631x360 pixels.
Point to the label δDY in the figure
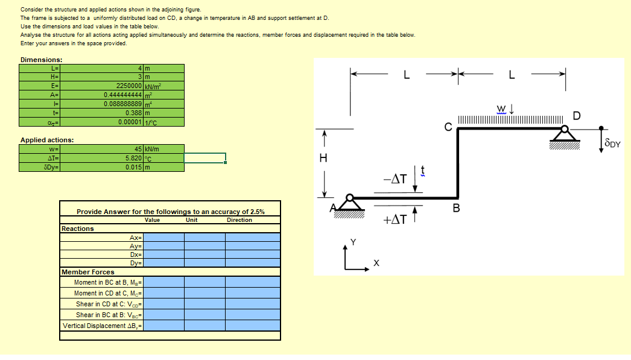(x=612, y=144)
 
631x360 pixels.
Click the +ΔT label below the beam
(x=395, y=220)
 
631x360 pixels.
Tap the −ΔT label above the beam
(x=395, y=179)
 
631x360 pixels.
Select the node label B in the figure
(x=456, y=209)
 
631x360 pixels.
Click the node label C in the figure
(x=448, y=127)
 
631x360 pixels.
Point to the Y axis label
(x=354, y=242)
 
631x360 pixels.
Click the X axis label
(x=376, y=264)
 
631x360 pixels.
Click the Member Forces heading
(x=88, y=272)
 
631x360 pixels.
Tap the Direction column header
(x=239, y=220)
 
